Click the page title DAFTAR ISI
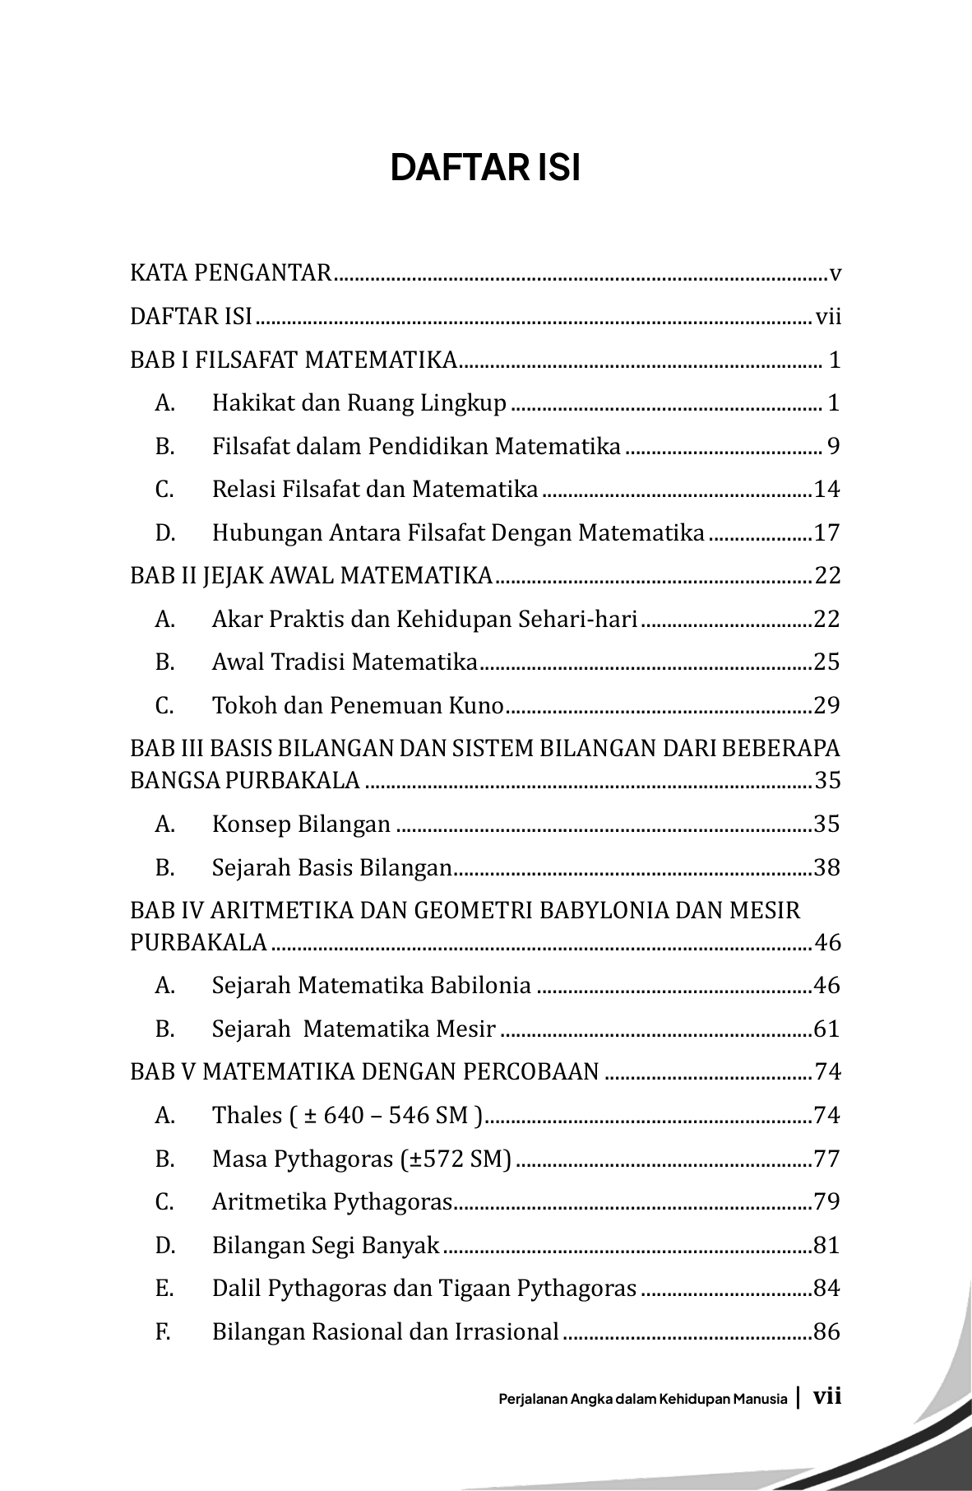point(485,168)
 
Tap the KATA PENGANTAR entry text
point(230,273)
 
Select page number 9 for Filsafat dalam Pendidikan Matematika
point(833,447)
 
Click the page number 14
point(826,490)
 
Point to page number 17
point(826,533)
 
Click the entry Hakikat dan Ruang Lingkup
point(359,403)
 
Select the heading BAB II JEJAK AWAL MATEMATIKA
point(311,576)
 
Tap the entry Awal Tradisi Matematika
point(345,662)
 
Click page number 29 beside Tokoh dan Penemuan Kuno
point(826,706)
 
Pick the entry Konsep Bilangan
point(301,824)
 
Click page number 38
point(826,868)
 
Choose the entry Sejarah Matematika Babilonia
point(372,986)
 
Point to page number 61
point(826,1029)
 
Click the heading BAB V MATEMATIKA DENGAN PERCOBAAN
point(364,1072)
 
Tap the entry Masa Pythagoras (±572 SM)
point(362,1159)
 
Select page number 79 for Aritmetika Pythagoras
point(826,1202)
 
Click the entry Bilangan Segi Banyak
point(326,1246)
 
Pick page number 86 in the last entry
point(826,1332)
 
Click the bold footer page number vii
point(826,1397)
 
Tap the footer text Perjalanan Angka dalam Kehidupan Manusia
point(643,1400)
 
